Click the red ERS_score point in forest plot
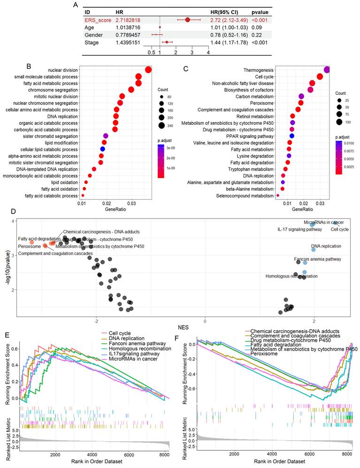[187, 20]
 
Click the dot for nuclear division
[148, 70]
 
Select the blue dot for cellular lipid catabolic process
[102, 149]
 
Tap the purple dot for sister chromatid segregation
[106, 136]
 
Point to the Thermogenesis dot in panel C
[327, 70]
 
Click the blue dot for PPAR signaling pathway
[291, 136]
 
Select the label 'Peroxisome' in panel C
[262, 103]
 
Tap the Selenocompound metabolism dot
[278, 195]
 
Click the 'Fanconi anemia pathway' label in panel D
[282, 259]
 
